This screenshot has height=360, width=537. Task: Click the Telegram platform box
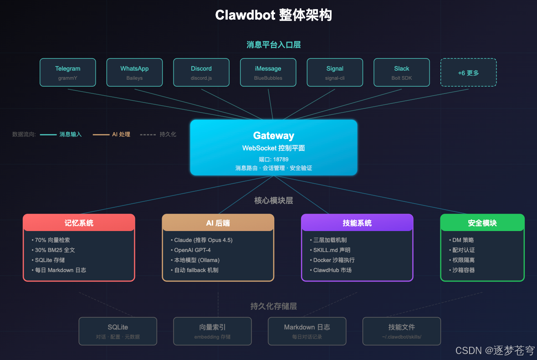pyautogui.click(x=67, y=72)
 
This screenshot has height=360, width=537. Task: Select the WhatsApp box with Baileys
pyautogui.click(x=134, y=72)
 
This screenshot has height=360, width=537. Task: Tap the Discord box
pyautogui.click(x=201, y=72)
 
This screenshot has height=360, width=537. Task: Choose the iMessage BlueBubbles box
pyautogui.click(x=268, y=72)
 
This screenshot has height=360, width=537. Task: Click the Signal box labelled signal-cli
pyautogui.click(x=335, y=72)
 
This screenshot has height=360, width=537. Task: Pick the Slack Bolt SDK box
pyautogui.click(x=401, y=72)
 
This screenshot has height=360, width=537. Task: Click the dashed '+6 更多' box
pyautogui.click(x=468, y=72)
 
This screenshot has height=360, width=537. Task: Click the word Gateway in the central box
pyautogui.click(x=273, y=135)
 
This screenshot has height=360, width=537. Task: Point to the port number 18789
pyautogui.click(x=281, y=159)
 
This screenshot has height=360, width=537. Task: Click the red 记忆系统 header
pyautogui.click(x=79, y=223)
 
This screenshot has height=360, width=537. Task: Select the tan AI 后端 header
pyautogui.click(x=218, y=223)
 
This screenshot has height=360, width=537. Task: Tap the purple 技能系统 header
pyautogui.click(x=357, y=223)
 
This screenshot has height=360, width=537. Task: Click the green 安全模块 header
pyautogui.click(x=482, y=223)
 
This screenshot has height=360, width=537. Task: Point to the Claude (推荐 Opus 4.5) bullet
pyautogui.click(x=203, y=240)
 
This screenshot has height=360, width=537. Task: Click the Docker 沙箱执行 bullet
pyautogui.click(x=333, y=260)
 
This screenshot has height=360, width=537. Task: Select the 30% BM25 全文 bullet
pyautogui.click(x=55, y=250)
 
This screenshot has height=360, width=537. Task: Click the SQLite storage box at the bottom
pyautogui.click(x=118, y=331)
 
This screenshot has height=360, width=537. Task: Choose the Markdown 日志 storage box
pyautogui.click(x=307, y=331)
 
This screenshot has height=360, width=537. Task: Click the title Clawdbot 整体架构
pyautogui.click(x=273, y=15)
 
